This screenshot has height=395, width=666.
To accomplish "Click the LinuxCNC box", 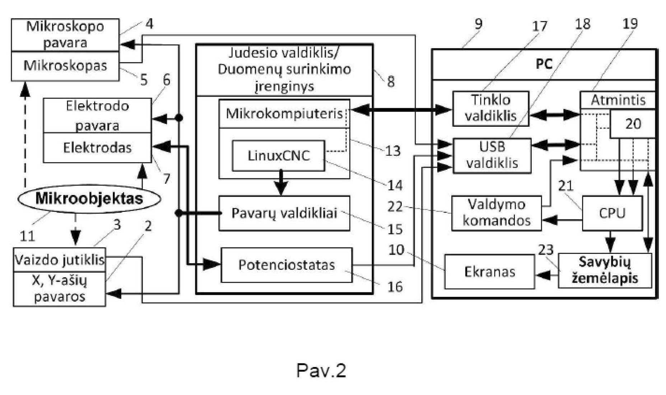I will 279,155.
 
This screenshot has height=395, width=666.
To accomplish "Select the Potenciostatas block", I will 287,265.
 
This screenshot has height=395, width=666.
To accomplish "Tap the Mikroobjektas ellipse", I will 89,199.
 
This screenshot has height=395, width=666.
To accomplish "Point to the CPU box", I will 612,213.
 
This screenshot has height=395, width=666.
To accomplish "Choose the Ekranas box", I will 489,272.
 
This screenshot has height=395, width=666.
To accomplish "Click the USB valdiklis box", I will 492,155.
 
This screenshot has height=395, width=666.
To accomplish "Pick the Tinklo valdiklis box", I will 490,108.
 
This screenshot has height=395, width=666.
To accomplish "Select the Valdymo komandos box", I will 496,213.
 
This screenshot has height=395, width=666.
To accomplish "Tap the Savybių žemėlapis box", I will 605,271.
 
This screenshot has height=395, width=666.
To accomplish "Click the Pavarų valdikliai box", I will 284,213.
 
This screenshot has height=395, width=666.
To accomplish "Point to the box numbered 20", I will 633,124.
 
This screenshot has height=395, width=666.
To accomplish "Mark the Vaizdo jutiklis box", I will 60,259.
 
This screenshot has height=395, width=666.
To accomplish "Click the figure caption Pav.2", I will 321,370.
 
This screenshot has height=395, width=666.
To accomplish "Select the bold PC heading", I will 544,64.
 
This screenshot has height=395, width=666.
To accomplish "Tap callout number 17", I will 539,26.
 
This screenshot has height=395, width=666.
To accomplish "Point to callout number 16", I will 395,287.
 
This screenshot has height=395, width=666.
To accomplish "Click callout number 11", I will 27,236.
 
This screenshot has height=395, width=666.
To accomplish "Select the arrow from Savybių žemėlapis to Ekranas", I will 546,275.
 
